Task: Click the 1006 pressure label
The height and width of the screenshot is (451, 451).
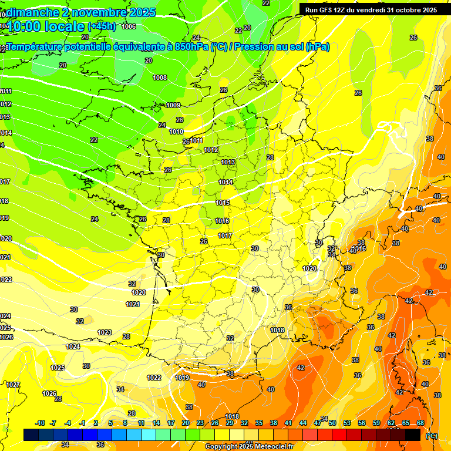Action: (129, 26)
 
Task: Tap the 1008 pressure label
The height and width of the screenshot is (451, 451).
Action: (160, 78)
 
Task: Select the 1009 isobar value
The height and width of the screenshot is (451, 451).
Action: (173, 105)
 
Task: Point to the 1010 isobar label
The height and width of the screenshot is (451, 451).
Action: (177, 132)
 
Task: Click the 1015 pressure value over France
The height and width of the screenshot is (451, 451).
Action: (223, 203)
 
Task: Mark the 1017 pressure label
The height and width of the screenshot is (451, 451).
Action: (225, 235)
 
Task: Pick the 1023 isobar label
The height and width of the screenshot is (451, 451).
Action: (105, 332)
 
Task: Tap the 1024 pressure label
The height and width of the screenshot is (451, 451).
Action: (73, 346)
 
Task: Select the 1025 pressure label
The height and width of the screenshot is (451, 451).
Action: (58, 368)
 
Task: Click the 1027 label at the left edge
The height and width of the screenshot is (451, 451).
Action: (13, 385)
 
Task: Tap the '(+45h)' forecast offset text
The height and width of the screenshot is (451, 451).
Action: (102, 26)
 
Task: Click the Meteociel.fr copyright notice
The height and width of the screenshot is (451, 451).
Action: (250, 447)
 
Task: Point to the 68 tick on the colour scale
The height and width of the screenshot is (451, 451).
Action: (421, 423)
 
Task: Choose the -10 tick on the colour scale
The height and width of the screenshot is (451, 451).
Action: (41, 423)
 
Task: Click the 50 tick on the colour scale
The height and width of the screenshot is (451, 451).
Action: (332, 423)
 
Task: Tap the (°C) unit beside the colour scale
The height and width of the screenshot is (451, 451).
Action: (432, 435)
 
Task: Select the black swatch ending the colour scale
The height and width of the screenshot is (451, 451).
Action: (413, 435)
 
